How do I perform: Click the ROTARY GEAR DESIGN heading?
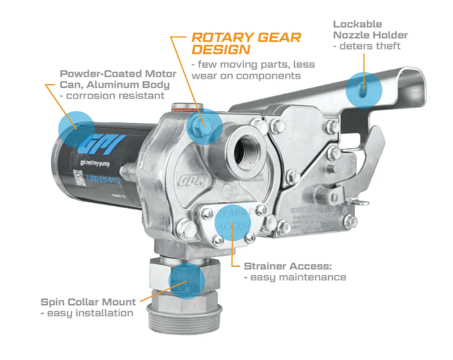[x=246, y=43]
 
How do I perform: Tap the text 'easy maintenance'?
[x=295, y=277]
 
